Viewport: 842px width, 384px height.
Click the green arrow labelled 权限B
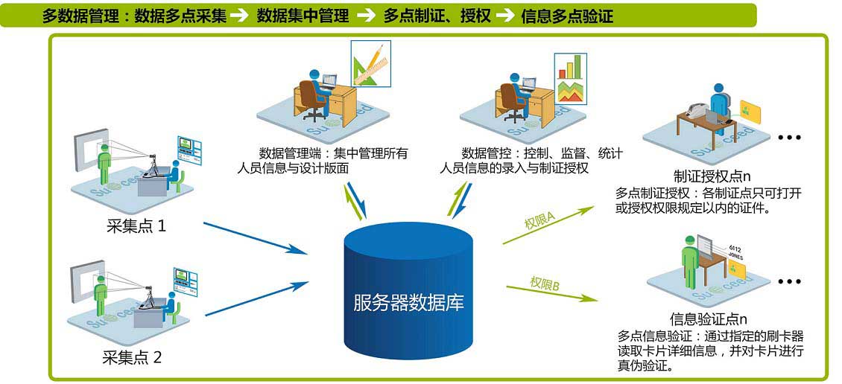coord(552,290)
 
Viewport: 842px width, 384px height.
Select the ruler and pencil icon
coord(370,63)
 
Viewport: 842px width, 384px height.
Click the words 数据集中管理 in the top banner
coord(302,16)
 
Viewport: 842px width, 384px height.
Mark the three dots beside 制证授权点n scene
coord(788,138)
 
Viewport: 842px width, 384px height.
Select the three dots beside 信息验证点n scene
coord(788,282)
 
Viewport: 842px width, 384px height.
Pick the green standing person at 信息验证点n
coord(690,257)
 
